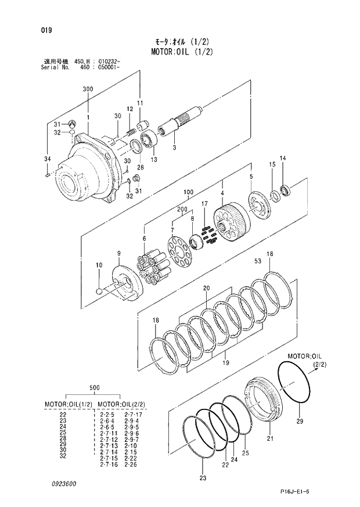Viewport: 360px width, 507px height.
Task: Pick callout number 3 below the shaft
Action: [x=174, y=148]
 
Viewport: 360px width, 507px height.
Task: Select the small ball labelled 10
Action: [x=99, y=291]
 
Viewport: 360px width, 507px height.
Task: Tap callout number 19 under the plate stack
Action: [x=225, y=363]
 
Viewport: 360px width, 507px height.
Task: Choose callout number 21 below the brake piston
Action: [x=269, y=438]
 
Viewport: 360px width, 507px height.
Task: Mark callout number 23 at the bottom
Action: [x=203, y=479]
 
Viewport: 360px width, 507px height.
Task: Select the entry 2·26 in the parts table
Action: [x=128, y=465]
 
